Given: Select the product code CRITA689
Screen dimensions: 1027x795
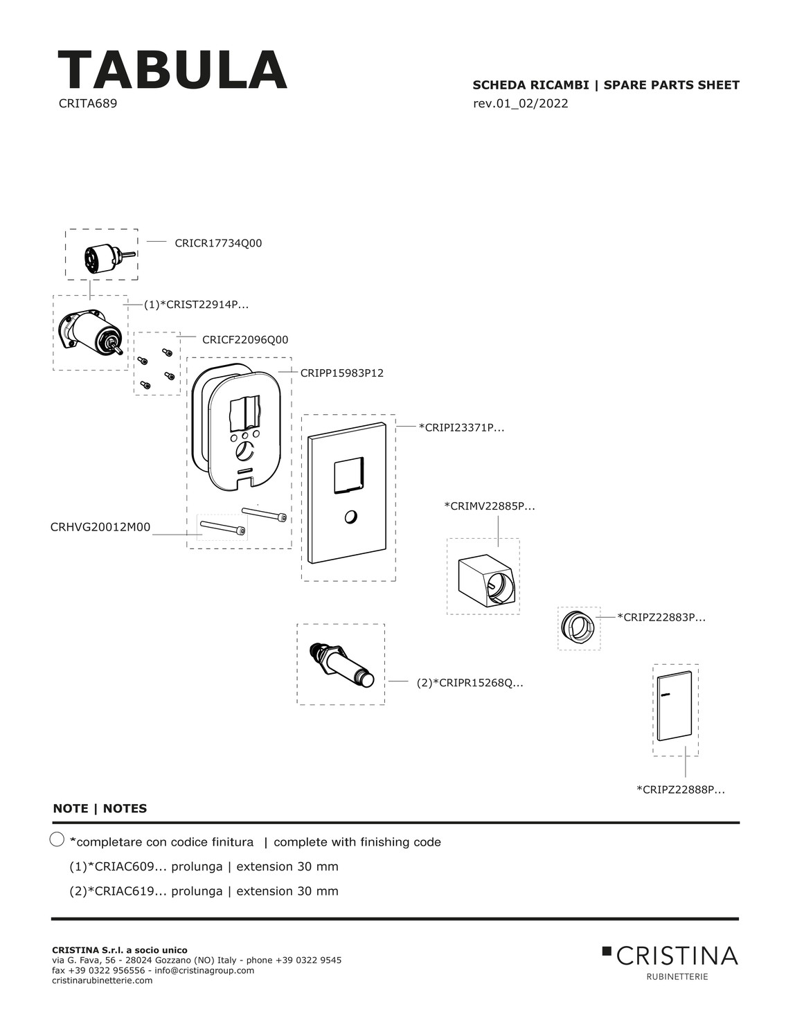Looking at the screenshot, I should [x=88, y=104].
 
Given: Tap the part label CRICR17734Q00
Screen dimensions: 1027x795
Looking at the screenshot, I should [x=218, y=243].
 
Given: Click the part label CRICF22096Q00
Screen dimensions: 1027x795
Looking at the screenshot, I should [x=245, y=340].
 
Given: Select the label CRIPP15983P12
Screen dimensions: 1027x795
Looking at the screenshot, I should [x=341, y=373].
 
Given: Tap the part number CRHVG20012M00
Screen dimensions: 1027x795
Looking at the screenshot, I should [x=100, y=527].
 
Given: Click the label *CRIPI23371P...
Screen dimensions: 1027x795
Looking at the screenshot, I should [x=461, y=428].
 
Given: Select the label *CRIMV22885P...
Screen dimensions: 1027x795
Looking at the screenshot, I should [x=489, y=506].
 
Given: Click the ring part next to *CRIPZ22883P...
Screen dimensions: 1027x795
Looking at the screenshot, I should [x=578, y=627].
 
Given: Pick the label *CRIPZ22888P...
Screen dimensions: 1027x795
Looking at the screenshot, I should [x=681, y=789].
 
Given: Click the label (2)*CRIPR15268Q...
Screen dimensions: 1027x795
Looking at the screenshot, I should [x=470, y=683].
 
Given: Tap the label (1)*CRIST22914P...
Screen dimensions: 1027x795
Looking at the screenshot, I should [x=196, y=304].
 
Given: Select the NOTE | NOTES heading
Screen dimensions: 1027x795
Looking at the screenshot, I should [x=100, y=808].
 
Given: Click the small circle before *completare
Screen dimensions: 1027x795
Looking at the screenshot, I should [x=57, y=839].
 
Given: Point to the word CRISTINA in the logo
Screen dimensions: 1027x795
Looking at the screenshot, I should [x=677, y=956].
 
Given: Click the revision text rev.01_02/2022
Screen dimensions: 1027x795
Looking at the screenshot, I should [x=520, y=104].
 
